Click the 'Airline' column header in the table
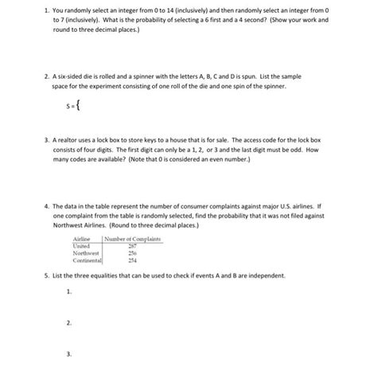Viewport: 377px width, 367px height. pos(83,239)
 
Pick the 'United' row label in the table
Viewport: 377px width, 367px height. pos(82,246)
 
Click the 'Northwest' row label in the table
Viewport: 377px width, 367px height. pos(87,253)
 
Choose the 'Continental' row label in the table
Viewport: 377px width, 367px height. pos(87,260)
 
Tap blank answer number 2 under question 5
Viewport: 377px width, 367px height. pos(70,323)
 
